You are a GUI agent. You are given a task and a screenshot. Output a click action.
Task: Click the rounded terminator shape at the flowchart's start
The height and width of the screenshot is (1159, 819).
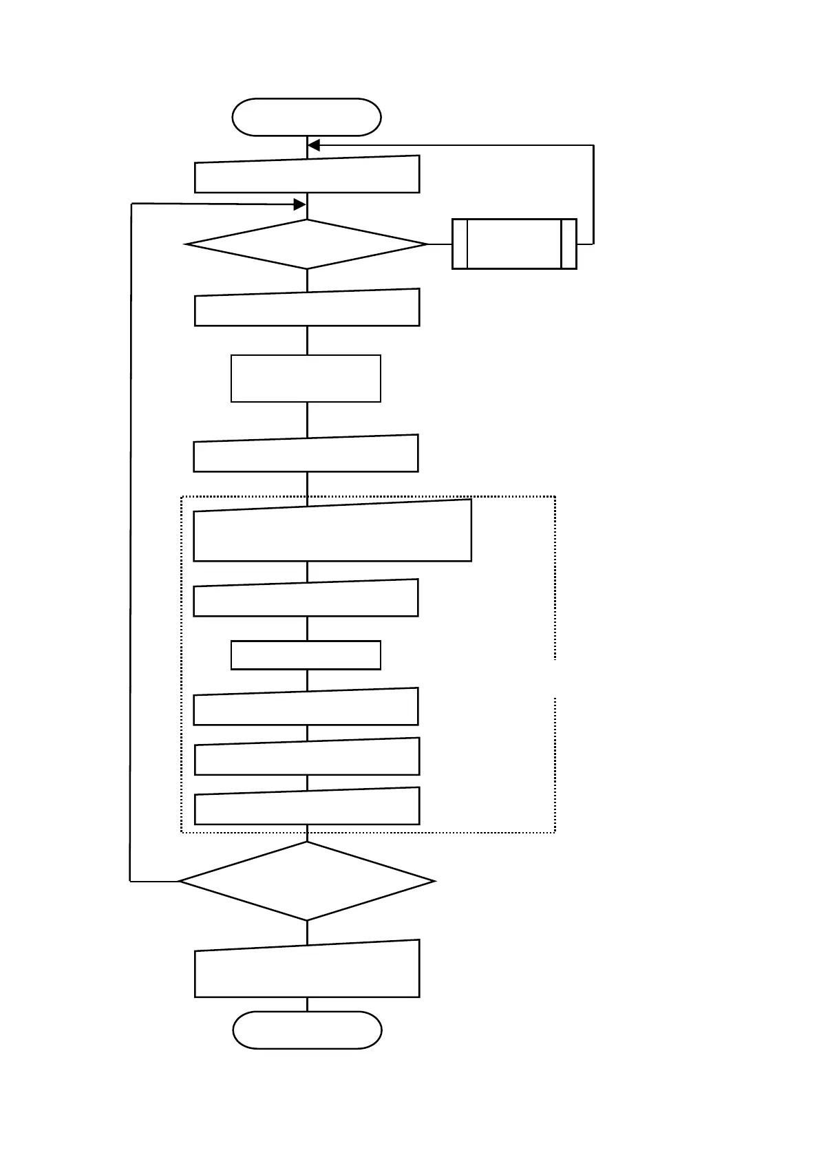306,117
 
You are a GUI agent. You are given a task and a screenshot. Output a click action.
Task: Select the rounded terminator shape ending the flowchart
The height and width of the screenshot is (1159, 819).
307,1030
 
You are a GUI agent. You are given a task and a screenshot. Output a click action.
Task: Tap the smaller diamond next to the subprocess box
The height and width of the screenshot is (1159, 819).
307,244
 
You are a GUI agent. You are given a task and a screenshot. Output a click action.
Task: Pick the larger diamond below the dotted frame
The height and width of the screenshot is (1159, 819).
307,881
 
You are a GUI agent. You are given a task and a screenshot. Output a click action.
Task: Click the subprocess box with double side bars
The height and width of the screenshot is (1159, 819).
514,244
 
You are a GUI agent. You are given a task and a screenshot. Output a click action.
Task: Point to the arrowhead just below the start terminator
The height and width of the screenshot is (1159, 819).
313,145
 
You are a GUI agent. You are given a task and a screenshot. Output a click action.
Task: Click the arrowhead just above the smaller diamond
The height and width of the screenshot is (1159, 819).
299,204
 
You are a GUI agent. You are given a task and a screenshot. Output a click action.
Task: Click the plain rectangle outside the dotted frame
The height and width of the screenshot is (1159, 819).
306,379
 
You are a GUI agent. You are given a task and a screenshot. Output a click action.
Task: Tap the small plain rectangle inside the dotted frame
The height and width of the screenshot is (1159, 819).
306,655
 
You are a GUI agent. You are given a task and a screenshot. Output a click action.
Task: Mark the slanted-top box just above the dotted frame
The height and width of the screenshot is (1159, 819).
306,455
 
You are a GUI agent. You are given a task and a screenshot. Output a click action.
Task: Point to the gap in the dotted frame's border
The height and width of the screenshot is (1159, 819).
555,679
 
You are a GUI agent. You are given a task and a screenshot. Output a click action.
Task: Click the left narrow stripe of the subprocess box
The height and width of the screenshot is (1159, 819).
460,244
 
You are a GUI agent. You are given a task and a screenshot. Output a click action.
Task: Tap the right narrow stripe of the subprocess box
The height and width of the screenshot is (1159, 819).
568,244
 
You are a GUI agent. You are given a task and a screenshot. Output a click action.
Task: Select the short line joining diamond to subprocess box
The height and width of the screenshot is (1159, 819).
440,244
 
